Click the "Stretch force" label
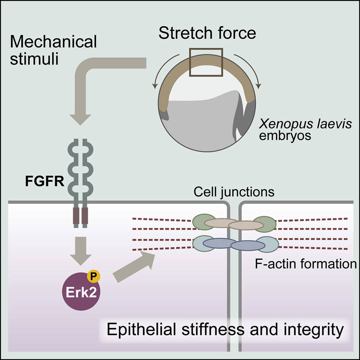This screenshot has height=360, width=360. click(x=207, y=33)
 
